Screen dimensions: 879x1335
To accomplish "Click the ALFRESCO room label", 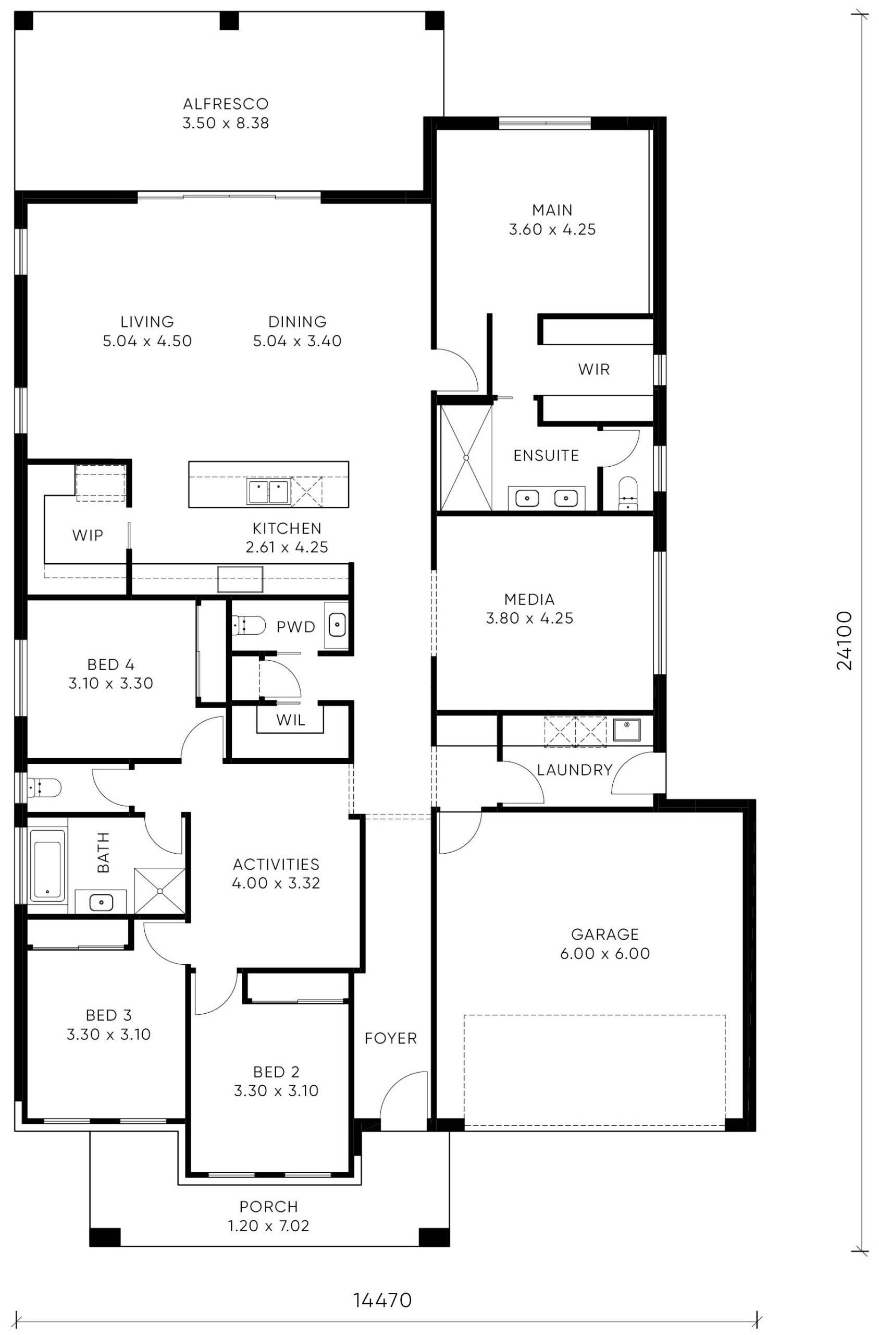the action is click(226, 104).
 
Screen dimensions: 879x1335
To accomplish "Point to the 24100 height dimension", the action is click(844, 640).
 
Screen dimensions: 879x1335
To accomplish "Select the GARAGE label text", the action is click(605, 934).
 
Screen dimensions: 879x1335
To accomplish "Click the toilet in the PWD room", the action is click(249, 624).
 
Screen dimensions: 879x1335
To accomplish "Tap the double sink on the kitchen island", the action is click(268, 492).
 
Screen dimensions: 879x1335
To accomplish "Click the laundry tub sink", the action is click(627, 730).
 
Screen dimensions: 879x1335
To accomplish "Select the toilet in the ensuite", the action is click(627, 494).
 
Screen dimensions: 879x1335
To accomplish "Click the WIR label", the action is click(593, 369).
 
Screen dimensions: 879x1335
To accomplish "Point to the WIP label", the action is click(88, 535).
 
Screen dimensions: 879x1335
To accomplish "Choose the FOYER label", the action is click(391, 1038).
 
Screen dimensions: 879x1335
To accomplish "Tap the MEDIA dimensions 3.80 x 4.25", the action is click(530, 618).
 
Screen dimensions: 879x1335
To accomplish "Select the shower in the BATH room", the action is click(160, 890).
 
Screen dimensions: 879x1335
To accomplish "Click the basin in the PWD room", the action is click(337, 624).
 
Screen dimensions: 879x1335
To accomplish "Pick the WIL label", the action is click(290, 720).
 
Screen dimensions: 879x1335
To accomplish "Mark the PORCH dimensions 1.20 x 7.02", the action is click(268, 1225).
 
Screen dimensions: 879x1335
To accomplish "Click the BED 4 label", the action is click(110, 665).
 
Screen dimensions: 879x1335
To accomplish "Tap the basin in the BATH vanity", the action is click(102, 903).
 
